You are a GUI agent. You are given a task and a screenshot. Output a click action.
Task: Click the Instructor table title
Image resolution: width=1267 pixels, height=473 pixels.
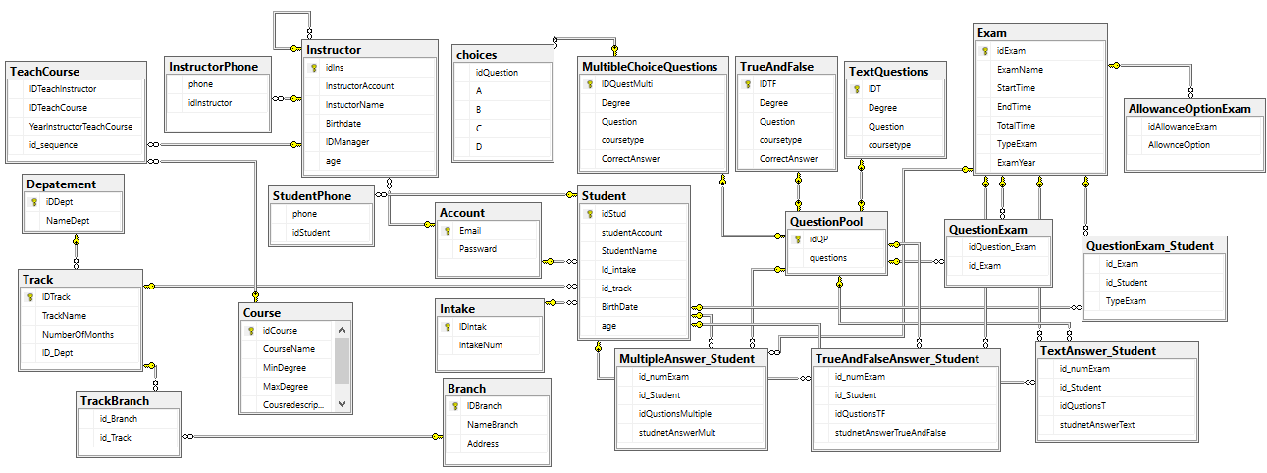coord(334,49)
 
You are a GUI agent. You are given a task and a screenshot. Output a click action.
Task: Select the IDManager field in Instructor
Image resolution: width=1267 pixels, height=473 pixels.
coord(346,142)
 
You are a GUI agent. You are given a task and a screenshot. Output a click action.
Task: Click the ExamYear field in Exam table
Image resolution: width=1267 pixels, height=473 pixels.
coord(1016,162)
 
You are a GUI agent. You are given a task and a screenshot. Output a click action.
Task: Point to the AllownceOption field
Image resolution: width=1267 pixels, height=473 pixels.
coord(1179,145)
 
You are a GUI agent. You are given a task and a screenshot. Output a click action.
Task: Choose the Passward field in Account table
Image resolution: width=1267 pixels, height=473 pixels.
coord(477,249)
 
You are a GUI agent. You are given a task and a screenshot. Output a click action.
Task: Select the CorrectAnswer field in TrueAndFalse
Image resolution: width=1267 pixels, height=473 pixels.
coord(788,159)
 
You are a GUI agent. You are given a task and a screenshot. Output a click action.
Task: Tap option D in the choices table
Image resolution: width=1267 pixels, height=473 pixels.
coord(479,146)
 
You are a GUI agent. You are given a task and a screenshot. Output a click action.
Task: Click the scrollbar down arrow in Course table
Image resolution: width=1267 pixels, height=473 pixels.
coord(343,403)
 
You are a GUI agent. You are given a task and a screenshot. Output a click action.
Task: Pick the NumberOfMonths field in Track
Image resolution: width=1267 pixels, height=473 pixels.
coord(78,335)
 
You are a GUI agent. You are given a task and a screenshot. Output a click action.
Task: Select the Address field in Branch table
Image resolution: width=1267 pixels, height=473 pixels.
coord(483,444)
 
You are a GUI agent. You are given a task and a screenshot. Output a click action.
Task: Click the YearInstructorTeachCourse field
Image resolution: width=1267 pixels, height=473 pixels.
coord(80,127)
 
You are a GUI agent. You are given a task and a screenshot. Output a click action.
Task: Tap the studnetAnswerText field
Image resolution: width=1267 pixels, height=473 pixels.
coord(1096,425)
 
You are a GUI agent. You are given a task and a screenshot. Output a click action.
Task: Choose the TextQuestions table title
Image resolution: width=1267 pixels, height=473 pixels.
coord(888,72)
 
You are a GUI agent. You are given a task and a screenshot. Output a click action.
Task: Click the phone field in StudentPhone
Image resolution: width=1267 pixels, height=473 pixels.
coord(304,214)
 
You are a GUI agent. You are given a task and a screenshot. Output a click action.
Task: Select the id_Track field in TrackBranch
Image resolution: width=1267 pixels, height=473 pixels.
coord(115,438)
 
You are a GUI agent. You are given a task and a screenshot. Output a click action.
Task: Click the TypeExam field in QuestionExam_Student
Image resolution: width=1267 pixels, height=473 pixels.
coord(1126,301)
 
